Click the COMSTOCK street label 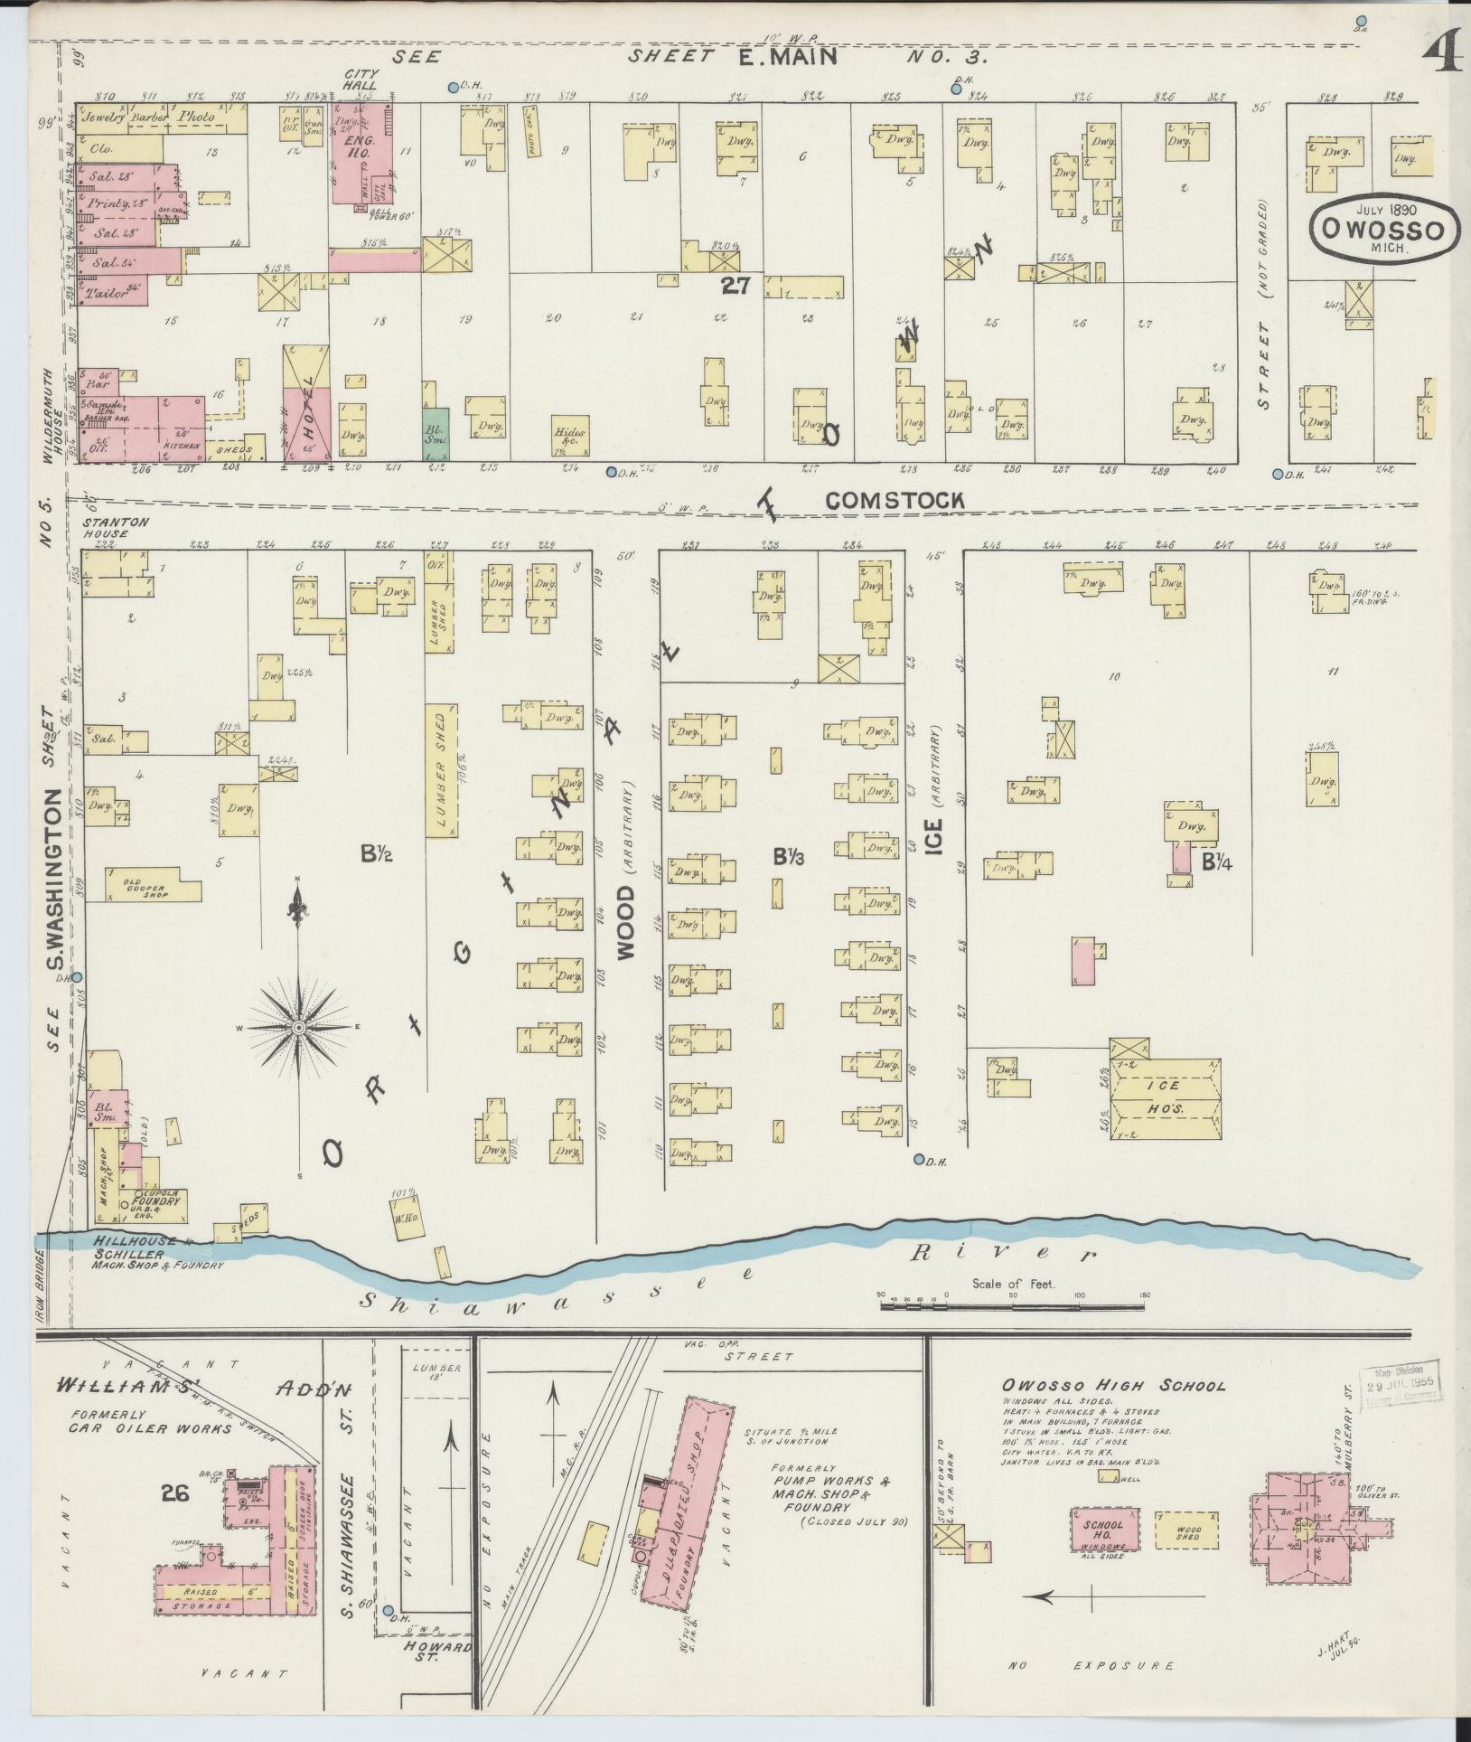(895, 500)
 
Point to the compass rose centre (297, 1027)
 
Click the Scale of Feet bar (1012, 1307)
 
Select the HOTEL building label (306, 407)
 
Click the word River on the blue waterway (1003, 1255)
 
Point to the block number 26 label (174, 1493)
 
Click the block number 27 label (736, 286)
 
